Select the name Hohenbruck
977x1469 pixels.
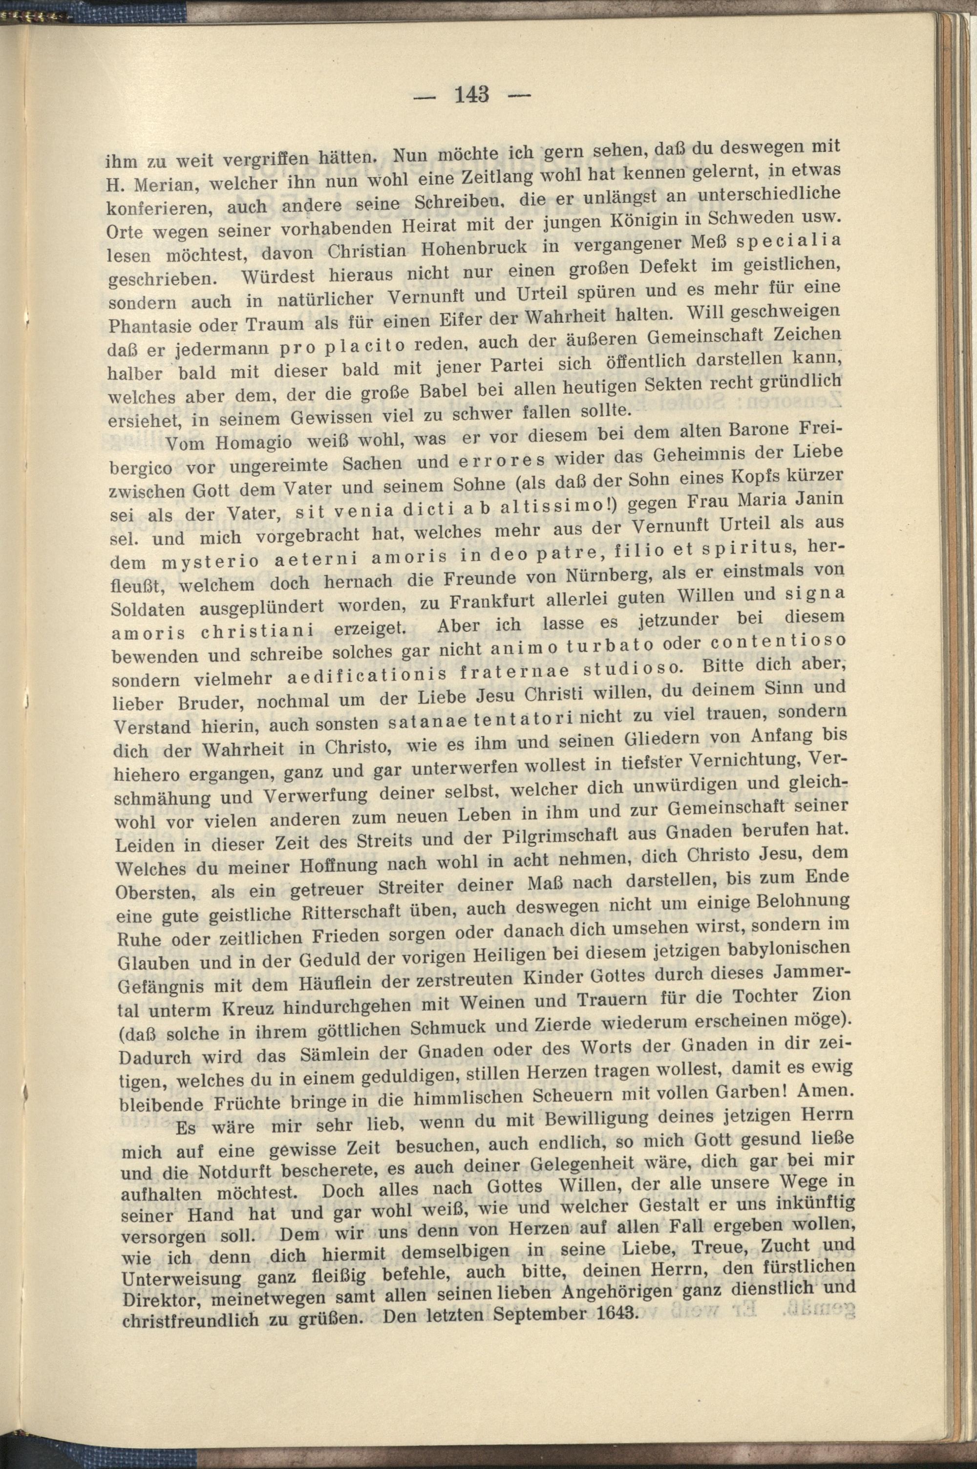point(475,248)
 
